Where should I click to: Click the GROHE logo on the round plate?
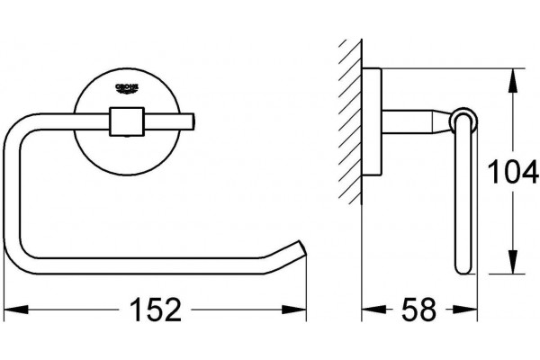click(127, 88)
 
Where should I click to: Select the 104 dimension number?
click(513, 171)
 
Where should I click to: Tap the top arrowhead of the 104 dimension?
click(513, 81)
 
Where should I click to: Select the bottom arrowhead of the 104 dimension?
click(513, 262)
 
